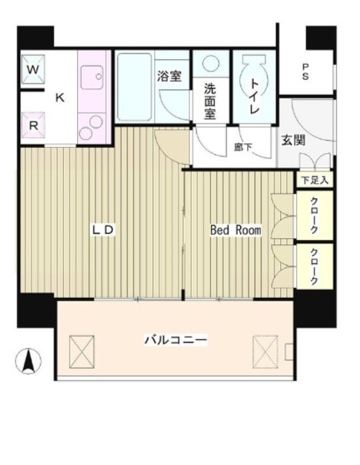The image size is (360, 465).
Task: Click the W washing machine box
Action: pos(33,70)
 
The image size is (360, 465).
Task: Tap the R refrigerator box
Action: pos(33,124)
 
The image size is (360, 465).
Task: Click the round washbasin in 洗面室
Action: pos(211,65)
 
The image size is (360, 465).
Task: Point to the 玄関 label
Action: pos(295,139)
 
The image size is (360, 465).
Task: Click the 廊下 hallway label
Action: pos(242,147)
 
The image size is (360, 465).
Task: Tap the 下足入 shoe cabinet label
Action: pos(315,178)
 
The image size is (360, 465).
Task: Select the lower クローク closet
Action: pos(314,267)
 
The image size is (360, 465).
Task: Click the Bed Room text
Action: pos(235,230)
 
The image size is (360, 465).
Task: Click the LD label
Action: pos(103,230)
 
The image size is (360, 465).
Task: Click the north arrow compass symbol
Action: pos(28,360)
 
